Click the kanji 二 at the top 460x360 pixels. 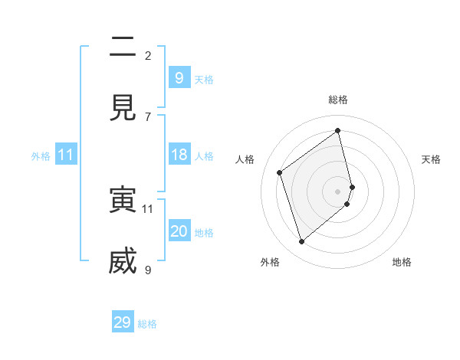(x=123, y=47)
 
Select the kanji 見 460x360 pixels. (x=123, y=108)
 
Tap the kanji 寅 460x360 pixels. (x=123, y=200)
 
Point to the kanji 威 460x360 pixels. (x=123, y=261)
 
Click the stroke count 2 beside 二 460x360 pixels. (x=148, y=55)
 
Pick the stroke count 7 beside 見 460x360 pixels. (x=148, y=116)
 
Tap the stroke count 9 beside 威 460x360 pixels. (x=148, y=270)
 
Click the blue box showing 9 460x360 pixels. (x=179, y=77)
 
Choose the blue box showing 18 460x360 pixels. (x=179, y=155)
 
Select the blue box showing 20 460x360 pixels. (x=179, y=231)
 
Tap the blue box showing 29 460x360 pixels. (x=123, y=322)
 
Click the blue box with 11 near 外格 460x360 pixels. (x=66, y=155)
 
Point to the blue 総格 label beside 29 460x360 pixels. (x=148, y=324)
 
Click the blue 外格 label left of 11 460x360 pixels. (x=41, y=156)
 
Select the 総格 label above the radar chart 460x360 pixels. (x=338, y=100)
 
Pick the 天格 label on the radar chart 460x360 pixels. (x=431, y=159)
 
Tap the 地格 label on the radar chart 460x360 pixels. (x=402, y=262)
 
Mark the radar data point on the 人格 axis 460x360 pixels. (x=280, y=172)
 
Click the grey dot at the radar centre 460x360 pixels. (x=338, y=191)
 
